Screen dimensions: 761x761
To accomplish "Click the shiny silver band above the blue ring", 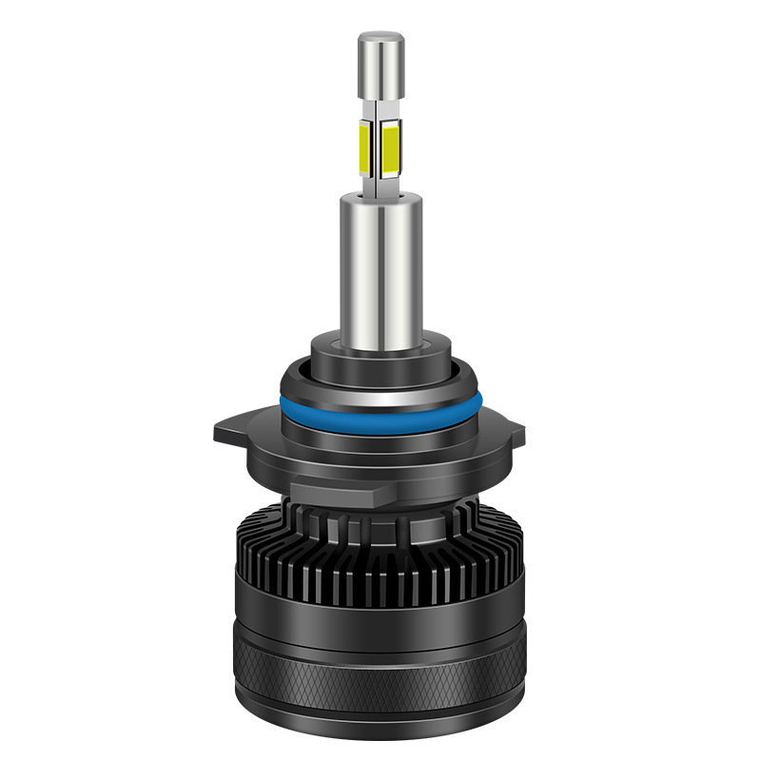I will pos(380,383).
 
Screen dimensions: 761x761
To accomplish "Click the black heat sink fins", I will pos(380,552).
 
